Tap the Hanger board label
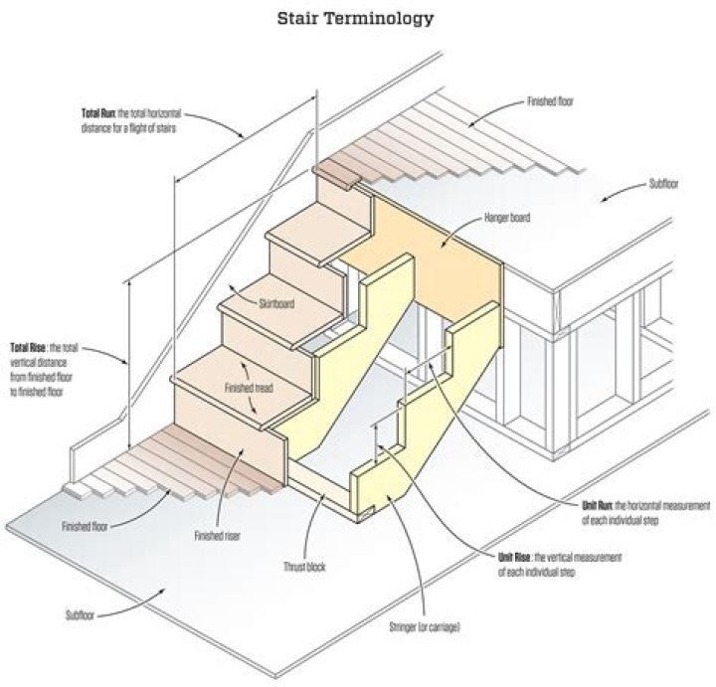[x=507, y=216]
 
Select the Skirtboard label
[x=276, y=303]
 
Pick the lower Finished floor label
[x=83, y=526]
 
